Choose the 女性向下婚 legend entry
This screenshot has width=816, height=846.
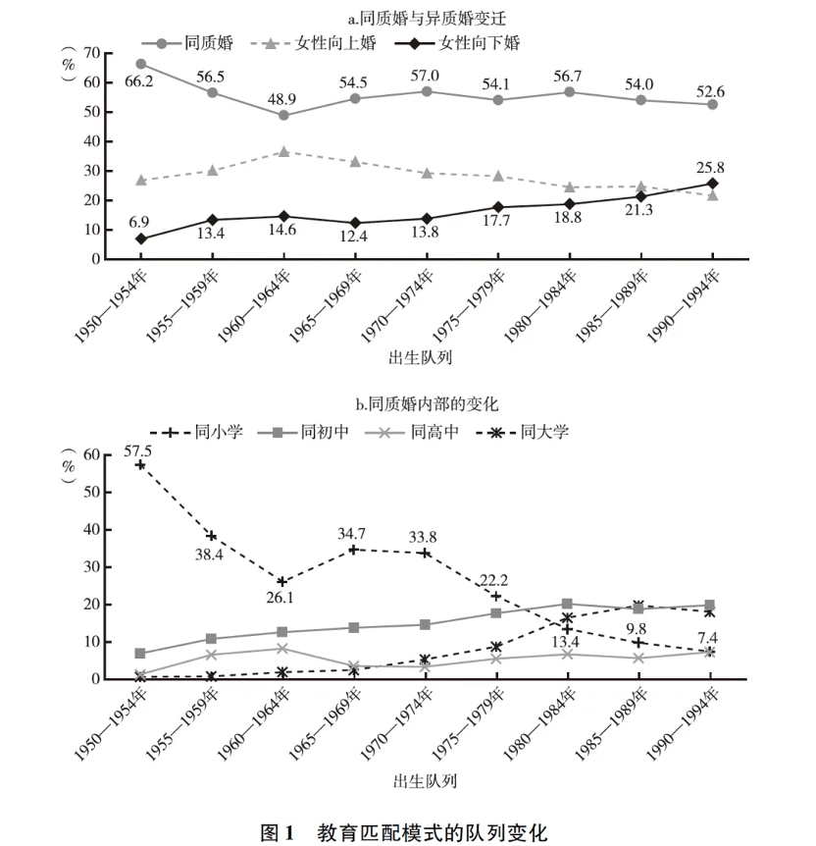click(x=465, y=43)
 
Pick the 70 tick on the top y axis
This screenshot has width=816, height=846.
click(x=93, y=53)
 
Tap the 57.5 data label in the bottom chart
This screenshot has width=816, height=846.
click(x=139, y=451)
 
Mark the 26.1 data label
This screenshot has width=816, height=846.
click(x=283, y=597)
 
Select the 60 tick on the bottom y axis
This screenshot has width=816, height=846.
click(x=93, y=454)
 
